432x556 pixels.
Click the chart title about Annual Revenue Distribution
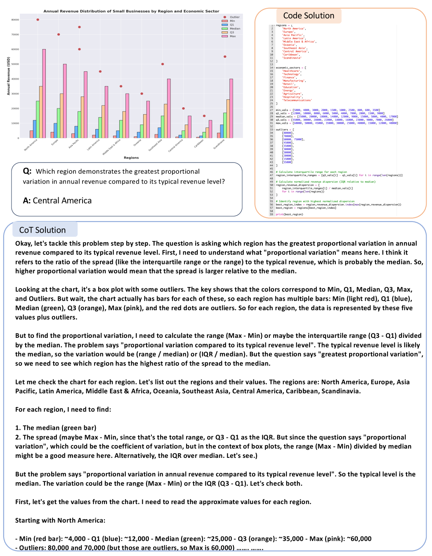pos(131,11)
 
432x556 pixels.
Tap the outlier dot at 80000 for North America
pos(38,20)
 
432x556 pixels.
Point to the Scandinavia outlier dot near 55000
pos(225,57)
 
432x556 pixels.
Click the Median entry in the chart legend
pos(235,28)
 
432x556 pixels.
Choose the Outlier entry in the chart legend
pos(235,17)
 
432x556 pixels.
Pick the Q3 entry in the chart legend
pos(232,32)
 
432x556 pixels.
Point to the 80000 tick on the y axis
pos(15,20)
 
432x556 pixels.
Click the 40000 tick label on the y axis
pos(15,79)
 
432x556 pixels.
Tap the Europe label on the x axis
pos(55,142)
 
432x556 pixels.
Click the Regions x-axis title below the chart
pos(131,158)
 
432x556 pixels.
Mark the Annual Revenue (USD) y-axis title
pos(8,76)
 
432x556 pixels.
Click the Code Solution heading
pos(309,16)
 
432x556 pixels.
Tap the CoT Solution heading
pos(42,230)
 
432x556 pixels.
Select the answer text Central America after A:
pos(62,200)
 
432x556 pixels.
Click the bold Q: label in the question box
pos(27,171)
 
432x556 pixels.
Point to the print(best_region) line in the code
pos(289,214)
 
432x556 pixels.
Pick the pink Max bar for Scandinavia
pos(231,108)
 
